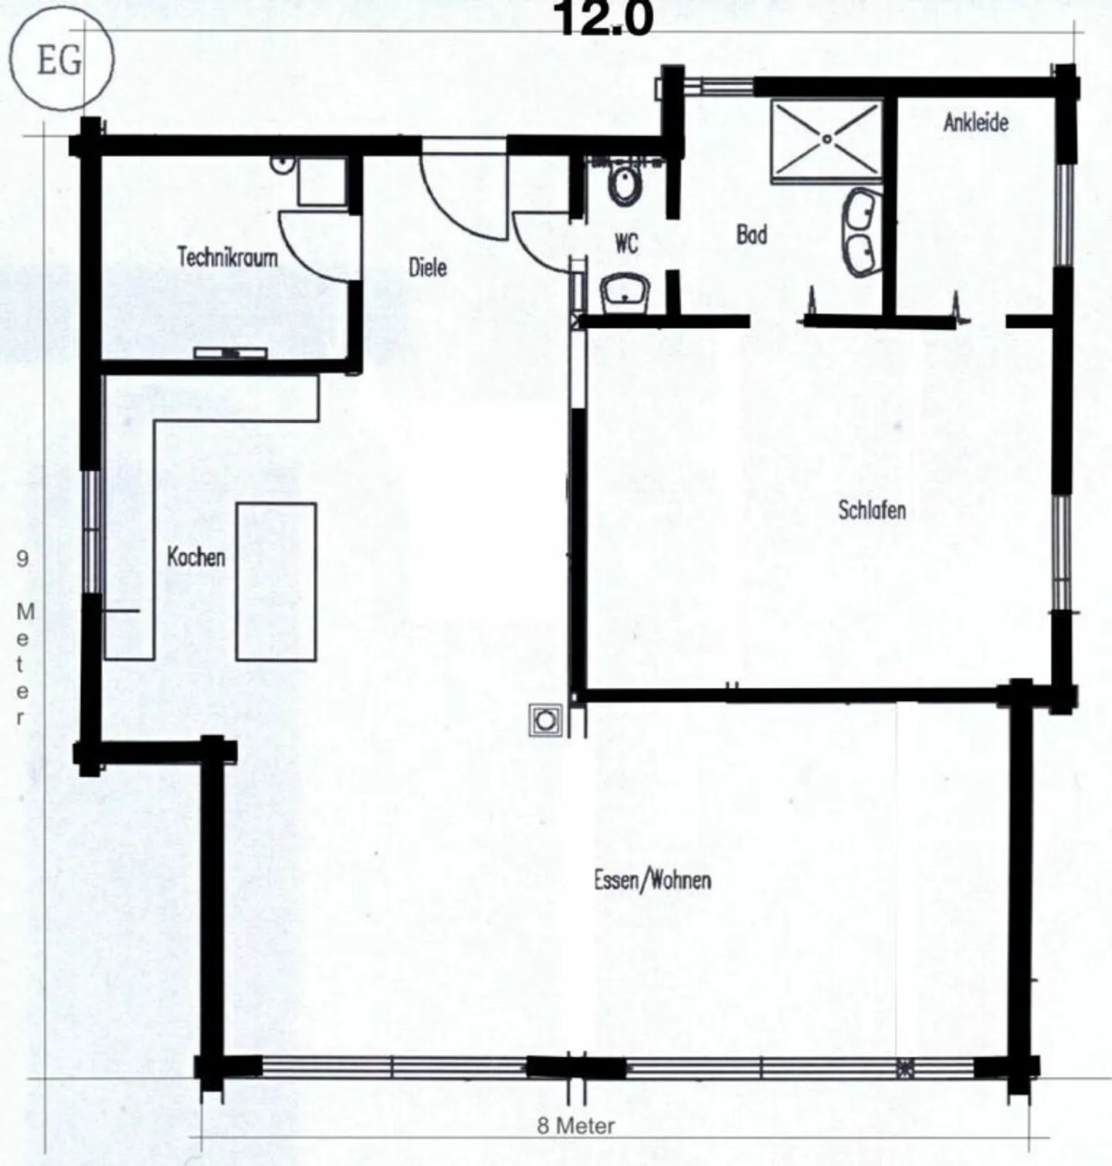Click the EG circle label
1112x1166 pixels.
(x=60, y=60)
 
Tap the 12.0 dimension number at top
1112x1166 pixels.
(x=604, y=19)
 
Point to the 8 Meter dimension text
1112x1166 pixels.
(x=576, y=1126)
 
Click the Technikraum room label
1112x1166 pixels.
(x=227, y=256)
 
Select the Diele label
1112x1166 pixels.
(x=427, y=267)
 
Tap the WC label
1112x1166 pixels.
(x=626, y=243)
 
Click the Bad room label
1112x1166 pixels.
(x=751, y=234)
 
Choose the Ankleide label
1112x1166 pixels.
(x=975, y=123)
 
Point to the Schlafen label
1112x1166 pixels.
(x=872, y=510)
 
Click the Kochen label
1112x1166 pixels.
(x=196, y=557)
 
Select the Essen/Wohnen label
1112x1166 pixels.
(x=653, y=880)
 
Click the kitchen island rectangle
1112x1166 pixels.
(x=276, y=581)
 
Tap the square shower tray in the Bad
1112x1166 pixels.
(x=827, y=140)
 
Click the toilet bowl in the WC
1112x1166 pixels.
(x=624, y=183)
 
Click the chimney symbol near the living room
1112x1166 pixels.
(x=545, y=720)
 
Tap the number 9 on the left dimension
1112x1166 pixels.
(x=22, y=558)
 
